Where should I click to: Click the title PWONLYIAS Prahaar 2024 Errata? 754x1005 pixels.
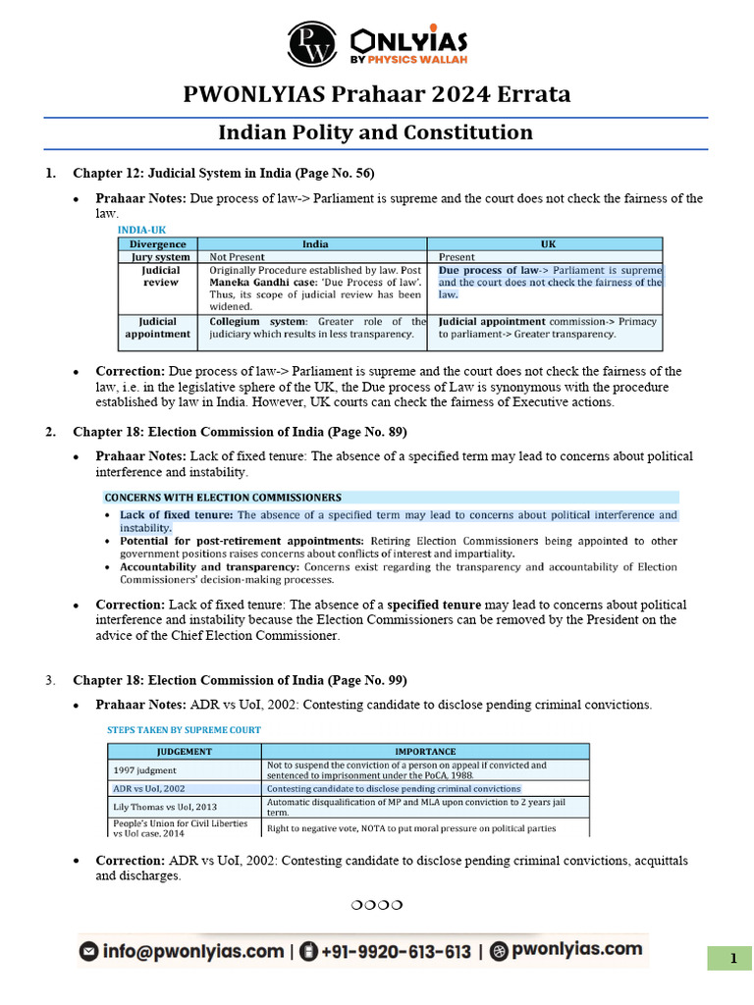(x=377, y=95)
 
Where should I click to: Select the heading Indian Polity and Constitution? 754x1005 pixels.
(x=375, y=132)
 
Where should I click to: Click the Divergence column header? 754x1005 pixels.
(x=157, y=243)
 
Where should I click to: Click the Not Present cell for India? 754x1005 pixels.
(x=238, y=256)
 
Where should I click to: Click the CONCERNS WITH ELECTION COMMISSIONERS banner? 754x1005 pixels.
(x=224, y=498)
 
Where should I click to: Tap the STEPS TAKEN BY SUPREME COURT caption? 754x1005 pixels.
(x=184, y=730)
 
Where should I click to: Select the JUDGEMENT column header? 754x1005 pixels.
(x=185, y=751)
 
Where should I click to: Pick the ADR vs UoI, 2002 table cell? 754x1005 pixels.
(x=148, y=788)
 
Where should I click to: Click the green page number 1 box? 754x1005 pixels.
(x=731, y=959)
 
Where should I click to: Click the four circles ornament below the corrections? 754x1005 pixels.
(x=377, y=903)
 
